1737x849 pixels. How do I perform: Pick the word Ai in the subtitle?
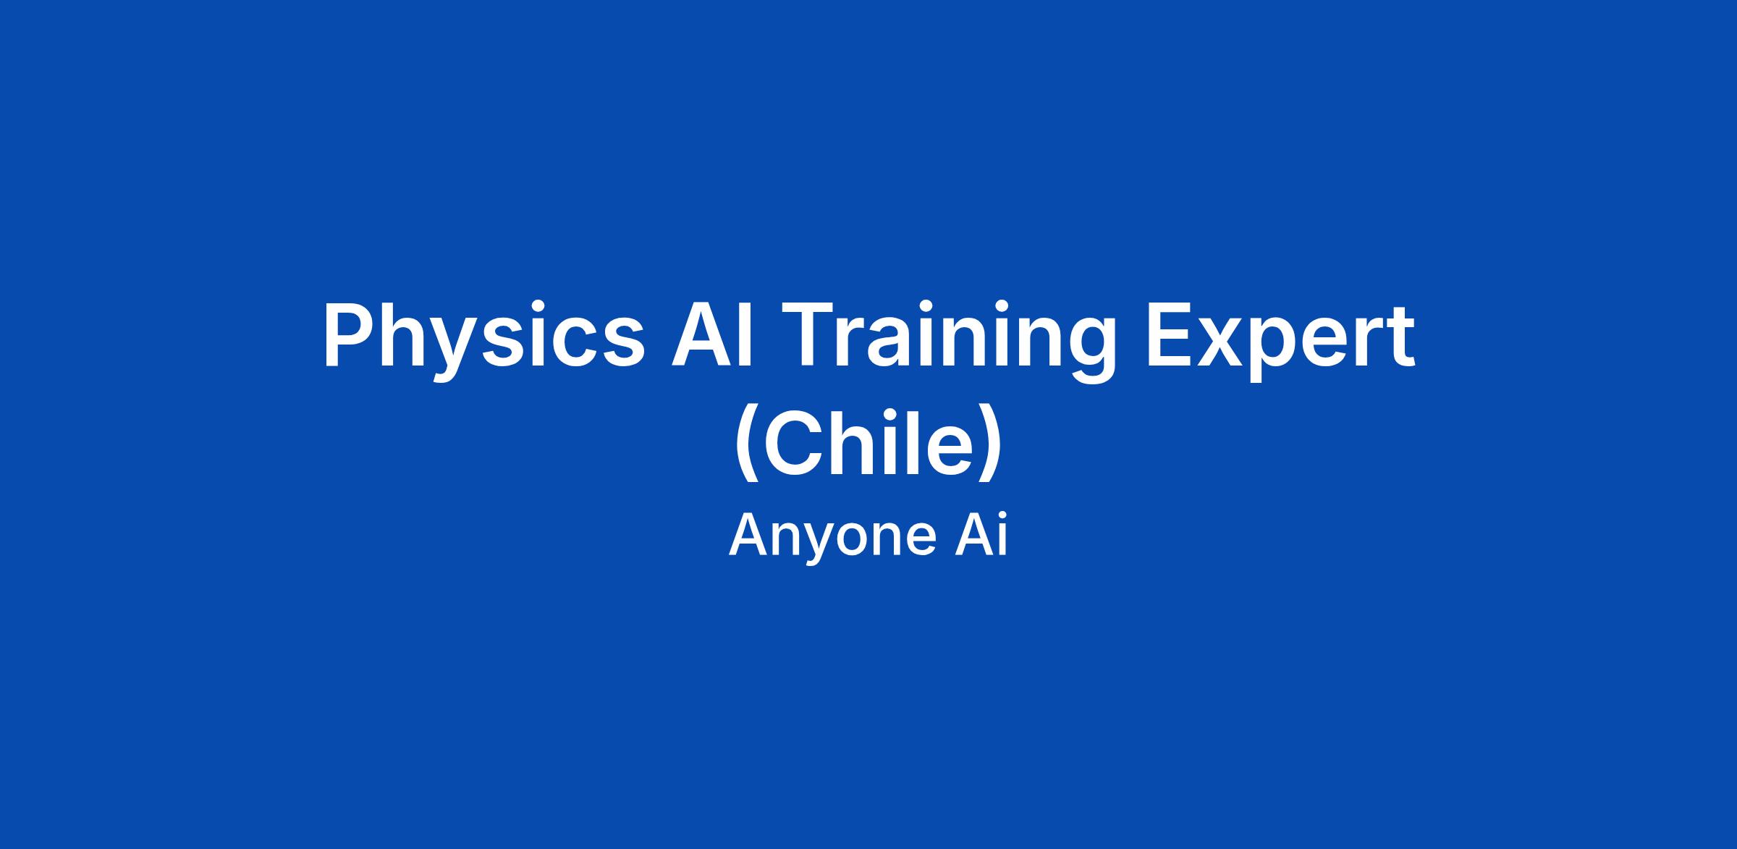click(981, 536)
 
